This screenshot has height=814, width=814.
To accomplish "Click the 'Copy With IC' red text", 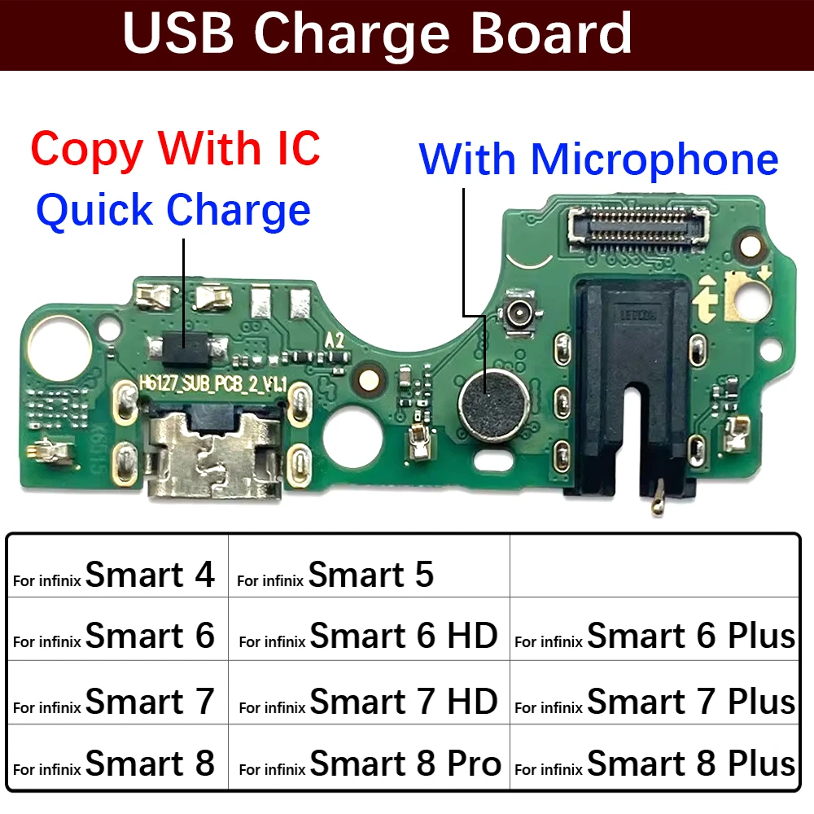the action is pyautogui.click(x=175, y=148).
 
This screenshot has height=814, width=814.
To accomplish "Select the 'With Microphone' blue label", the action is pyautogui.click(x=598, y=159).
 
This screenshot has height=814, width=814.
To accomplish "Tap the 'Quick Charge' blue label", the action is pyautogui.click(x=173, y=209).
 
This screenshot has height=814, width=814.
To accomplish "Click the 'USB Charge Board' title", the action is pyautogui.click(x=378, y=34).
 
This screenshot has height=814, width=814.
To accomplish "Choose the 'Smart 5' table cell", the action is pyautogui.click(x=368, y=575).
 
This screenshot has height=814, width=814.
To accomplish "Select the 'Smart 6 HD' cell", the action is pyautogui.click(x=368, y=636).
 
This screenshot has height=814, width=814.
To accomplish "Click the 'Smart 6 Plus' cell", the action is pyautogui.click(x=654, y=636).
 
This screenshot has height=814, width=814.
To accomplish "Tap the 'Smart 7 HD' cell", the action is pyautogui.click(x=368, y=701).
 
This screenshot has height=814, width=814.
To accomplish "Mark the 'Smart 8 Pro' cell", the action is pyautogui.click(x=368, y=764).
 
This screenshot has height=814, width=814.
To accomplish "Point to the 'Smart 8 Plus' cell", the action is pyautogui.click(x=654, y=764).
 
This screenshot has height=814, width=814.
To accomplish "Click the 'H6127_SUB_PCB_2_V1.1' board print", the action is pyautogui.click(x=213, y=383).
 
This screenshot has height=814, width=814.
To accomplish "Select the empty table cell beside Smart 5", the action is pyautogui.click(x=654, y=567).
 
